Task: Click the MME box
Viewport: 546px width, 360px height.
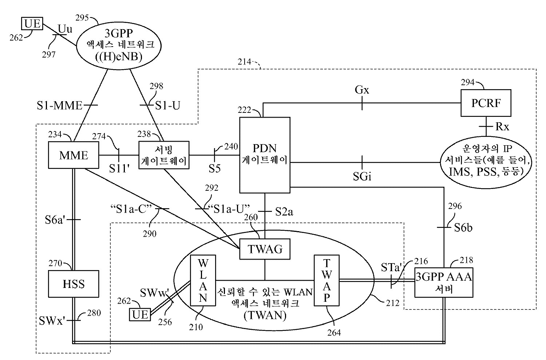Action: pos(74,155)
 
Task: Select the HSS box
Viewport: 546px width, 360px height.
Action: pos(74,283)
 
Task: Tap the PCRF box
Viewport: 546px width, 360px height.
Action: pos(486,103)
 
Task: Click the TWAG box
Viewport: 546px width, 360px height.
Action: pos(265,249)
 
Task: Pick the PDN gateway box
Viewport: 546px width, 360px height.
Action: pos(265,154)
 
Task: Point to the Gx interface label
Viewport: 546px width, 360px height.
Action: pos(361,90)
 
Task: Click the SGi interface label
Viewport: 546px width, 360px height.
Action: pos(361,177)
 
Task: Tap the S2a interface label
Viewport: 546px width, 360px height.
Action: pos(284,211)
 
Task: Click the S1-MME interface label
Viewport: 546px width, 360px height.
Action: pos(60,106)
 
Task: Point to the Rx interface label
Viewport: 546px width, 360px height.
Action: pos(502,126)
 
